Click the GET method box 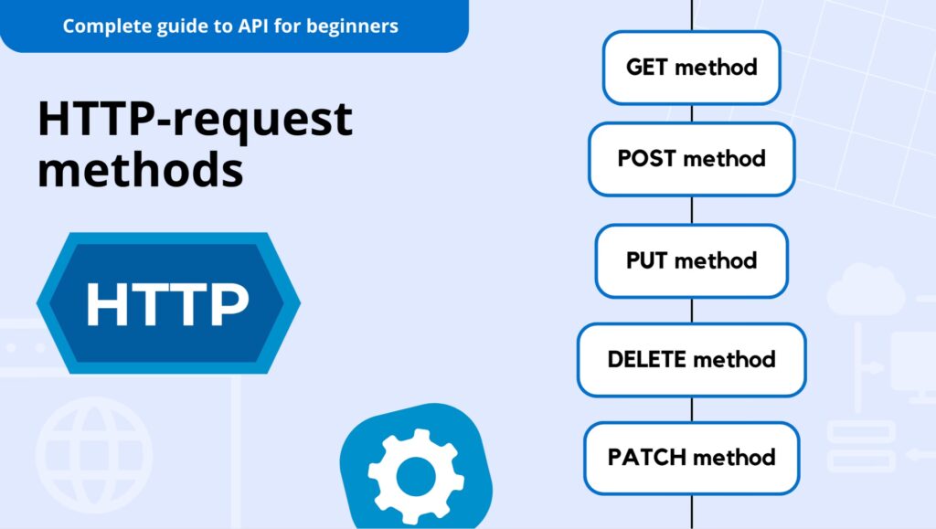point(691,68)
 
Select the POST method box point(691,159)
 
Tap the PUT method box point(691,260)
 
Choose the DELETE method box point(691,359)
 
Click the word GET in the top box point(646,68)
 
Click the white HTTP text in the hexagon point(167,303)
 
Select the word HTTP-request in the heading point(195,120)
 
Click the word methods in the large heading point(140,170)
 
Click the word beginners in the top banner point(352,26)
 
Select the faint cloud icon point(865,290)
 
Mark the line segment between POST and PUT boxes point(691,210)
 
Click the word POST point(646,159)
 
